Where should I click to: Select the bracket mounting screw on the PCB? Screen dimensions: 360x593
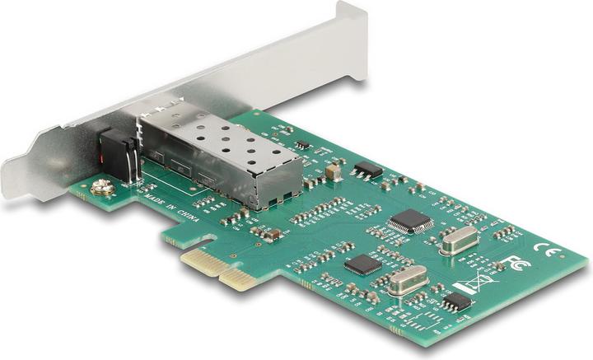(104, 188)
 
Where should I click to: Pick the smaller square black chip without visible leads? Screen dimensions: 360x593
(361, 264)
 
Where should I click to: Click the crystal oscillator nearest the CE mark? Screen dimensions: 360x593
(459, 240)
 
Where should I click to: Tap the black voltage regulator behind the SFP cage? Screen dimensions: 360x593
(367, 171)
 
